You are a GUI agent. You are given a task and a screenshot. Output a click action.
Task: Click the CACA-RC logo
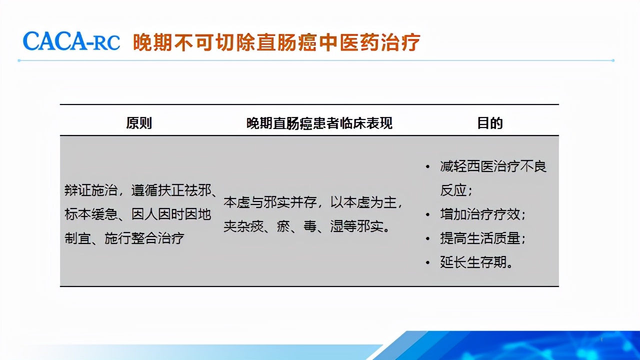pyautogui.click(x=71, y=41)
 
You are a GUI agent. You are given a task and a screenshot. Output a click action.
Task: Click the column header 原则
pyautogui.click(x=139, y=123)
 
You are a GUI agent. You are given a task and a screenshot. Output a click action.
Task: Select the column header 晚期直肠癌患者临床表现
pyautogui.click(x=319, y=123)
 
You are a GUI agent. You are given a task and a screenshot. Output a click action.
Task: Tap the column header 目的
pyautogui.click(x=489, y=123)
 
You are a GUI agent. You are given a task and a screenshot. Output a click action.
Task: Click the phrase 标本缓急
pyautogui.click(x=90, y=214)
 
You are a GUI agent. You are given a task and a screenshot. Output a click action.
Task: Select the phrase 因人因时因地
pyautogui.click(x=171, y=214)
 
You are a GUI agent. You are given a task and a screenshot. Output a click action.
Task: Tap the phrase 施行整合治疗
pyautogui.click(x=144, y=238)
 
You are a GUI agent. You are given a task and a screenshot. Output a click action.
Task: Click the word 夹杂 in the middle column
pyautogui.click(x=236, y=226)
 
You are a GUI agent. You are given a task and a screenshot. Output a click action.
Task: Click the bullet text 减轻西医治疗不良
pyautogui.click(x=493, y=166)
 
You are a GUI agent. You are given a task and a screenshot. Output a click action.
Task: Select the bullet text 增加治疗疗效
pyautogui.click(x=482, y=214)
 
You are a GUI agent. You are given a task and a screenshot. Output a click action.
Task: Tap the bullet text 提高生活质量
pyautogui.click(x=482, y=238)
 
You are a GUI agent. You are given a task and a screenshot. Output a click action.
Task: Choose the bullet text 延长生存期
pyautogui.click(x=476, y=262)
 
